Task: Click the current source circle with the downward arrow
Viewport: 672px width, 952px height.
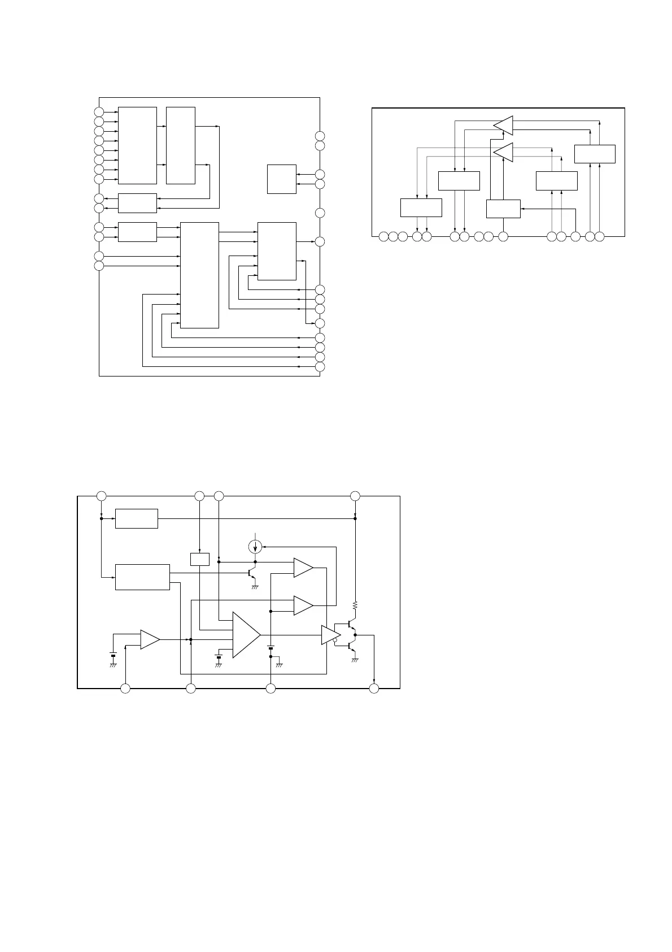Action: coord(255,547)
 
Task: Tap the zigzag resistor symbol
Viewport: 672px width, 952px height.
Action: coord(355,605)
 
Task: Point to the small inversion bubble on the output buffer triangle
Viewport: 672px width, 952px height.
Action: coord(335,641)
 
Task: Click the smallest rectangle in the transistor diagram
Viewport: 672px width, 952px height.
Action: coord(200,559)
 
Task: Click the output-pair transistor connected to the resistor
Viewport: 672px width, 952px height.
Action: coord(351,626)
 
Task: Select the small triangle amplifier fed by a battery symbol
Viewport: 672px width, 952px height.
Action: coord(150,639)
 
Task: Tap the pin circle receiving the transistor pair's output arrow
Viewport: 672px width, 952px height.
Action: coord(374,688)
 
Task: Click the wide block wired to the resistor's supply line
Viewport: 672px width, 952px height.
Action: coord(136,518)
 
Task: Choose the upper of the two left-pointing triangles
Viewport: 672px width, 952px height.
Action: coord(503,125)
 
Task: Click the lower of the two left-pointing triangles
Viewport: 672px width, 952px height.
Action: coord(503,152)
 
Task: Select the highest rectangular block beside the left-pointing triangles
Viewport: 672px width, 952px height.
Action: coord(595,154)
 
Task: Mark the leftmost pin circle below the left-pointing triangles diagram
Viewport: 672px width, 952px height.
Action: coord(383,236)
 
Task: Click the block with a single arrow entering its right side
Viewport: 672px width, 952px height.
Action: coord(503,209)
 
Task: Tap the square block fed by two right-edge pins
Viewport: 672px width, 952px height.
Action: coord(281,179)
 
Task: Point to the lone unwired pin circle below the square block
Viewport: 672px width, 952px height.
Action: coord(320,213)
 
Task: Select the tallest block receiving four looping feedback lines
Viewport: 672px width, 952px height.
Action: coord(199,275)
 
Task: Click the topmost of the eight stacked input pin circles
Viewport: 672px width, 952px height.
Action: coord(99,112)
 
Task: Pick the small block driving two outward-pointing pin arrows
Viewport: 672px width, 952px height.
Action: coord(137,203)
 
